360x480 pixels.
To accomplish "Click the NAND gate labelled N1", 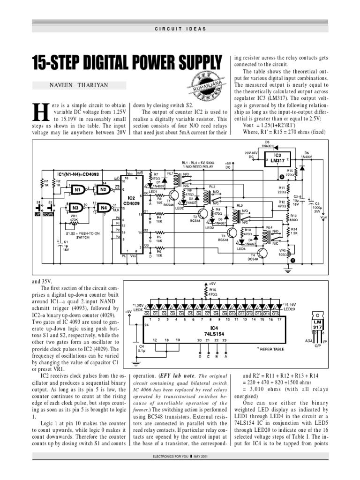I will [77, 190].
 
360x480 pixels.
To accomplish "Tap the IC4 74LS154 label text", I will [214, 330].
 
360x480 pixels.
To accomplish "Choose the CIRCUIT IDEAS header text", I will [180, 29].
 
